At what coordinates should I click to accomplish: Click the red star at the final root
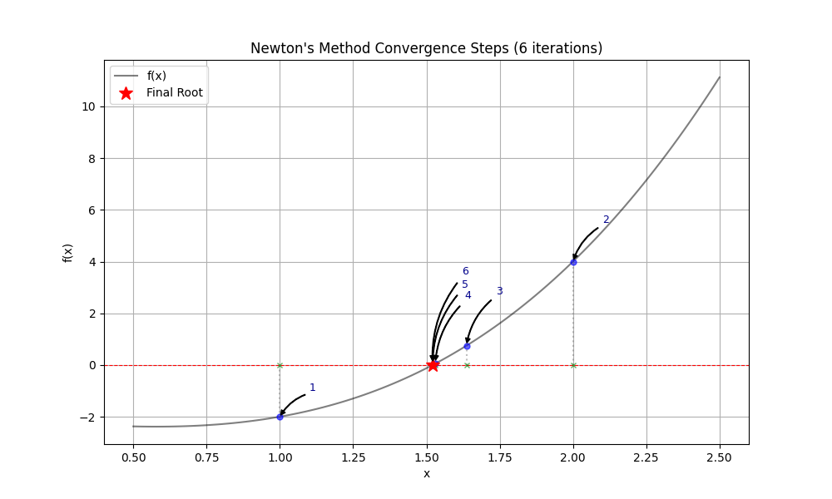pos(433,365)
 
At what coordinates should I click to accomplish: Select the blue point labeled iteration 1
pos(280,417)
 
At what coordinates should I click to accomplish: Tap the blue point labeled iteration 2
pos(573,262)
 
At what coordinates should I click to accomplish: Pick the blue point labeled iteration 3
pos(467,346)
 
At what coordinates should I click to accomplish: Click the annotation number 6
pos(466,271)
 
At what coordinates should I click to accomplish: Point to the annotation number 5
pos(465,284)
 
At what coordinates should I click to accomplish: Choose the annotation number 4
pos(468,295)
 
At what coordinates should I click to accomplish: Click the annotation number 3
pos(499,291)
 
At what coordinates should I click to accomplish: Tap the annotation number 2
pos(606,220)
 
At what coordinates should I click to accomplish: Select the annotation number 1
pos(313,388)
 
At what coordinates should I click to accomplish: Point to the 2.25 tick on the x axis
pos(646,457)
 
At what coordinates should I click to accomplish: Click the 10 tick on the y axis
pos(88,106)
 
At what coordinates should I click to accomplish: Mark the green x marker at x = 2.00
pos(573,365)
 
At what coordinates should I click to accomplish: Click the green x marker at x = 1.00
pos(280,365)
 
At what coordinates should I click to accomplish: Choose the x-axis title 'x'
pos(427,473)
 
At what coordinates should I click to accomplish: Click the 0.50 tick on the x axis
pos(133,457)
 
